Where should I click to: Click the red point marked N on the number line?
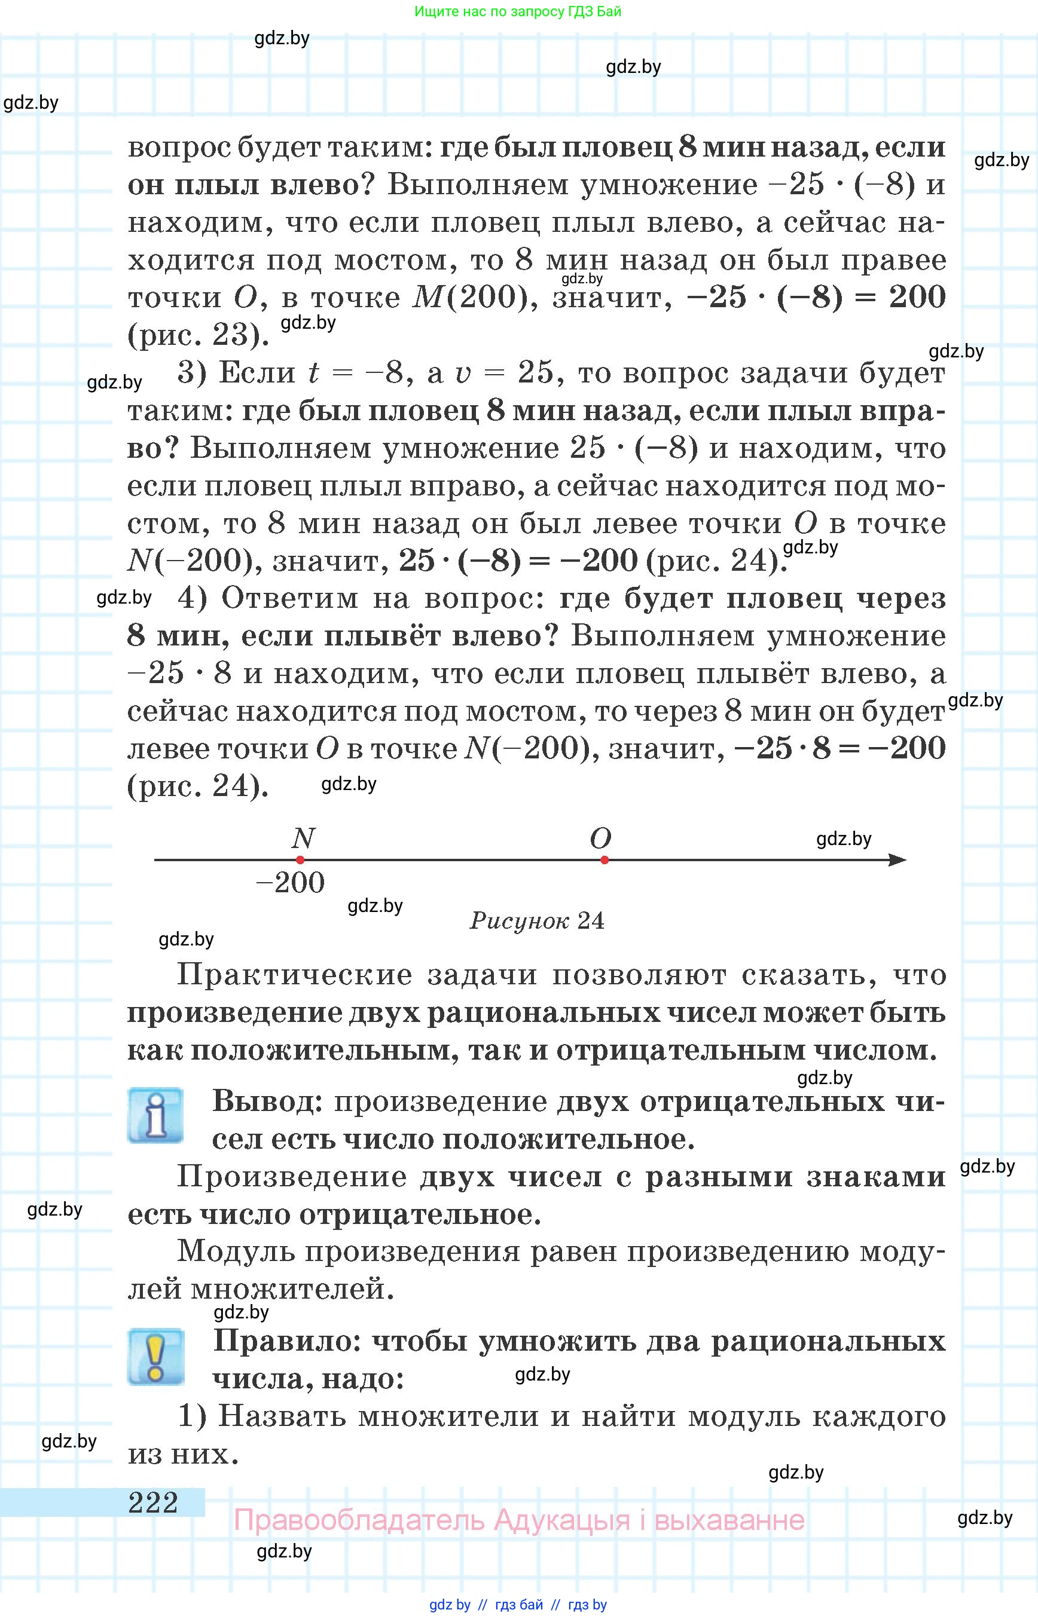(x=300, y=859)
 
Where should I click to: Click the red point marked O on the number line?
(x=605, y=859)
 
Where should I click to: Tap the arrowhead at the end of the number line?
(x=898, y=859)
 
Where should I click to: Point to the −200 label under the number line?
(x=291, y=883)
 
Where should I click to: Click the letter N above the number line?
(x=303, y=838)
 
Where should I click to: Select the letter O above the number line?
(x=600, y=838)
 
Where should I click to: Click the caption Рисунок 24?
(x=537, y=920)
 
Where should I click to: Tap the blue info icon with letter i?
(x=155, y=1115)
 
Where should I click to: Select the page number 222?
(x=153, y=1503)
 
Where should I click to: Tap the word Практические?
(x=295, y=975)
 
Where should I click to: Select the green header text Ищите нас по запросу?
(x=480, y=11)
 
